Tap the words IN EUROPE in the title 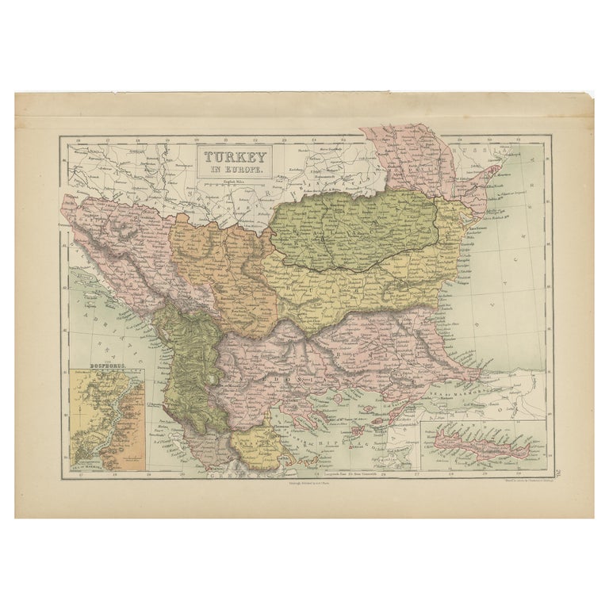[236, 169]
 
